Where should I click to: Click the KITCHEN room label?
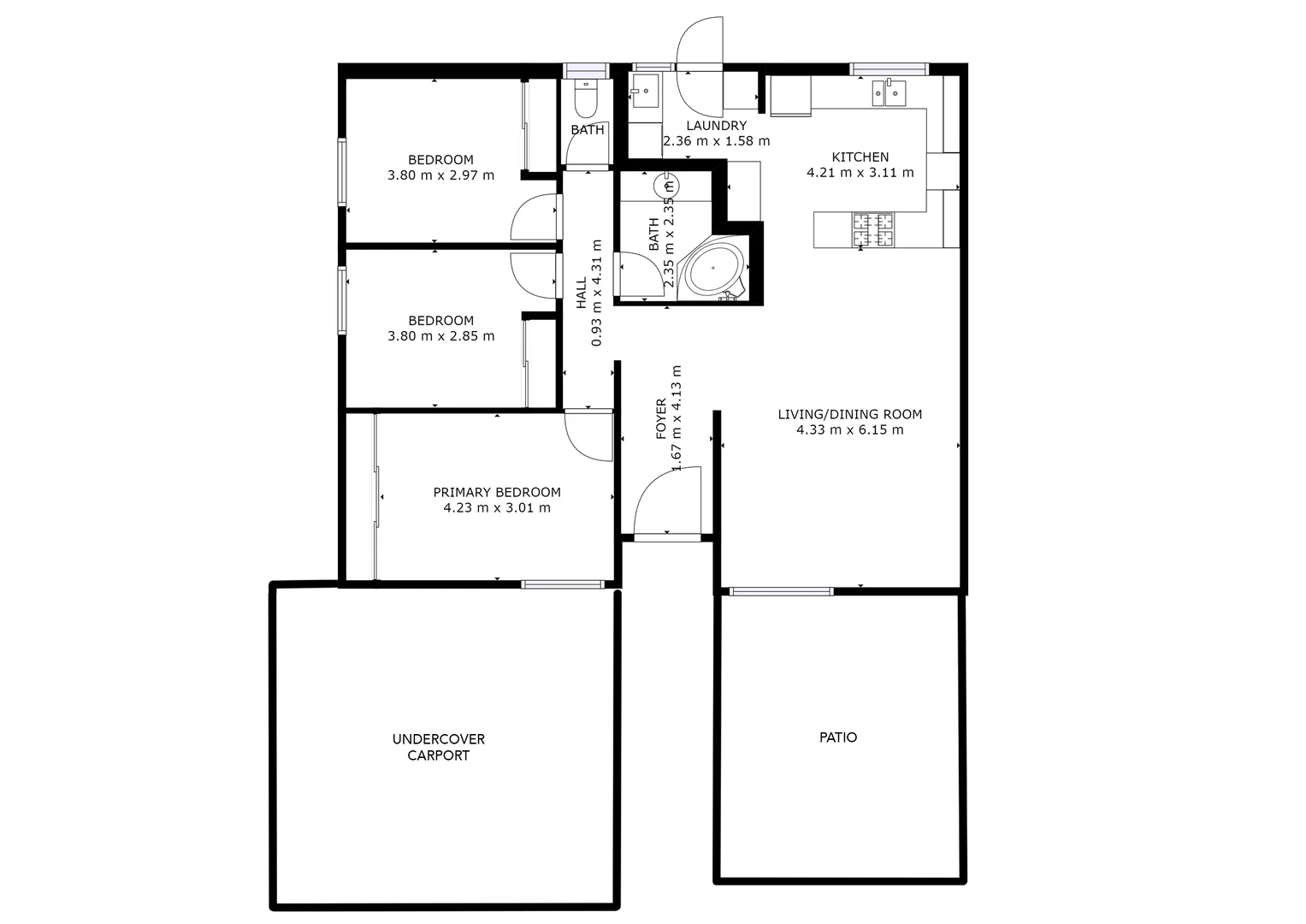(x=860, y=157)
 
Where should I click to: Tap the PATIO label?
(x=837, y=737)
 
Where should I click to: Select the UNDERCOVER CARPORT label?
(x=438, y=747)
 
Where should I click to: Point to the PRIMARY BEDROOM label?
(x=496, y=493)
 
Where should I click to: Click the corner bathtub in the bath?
(x=716, y=269)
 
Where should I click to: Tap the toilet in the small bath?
(x=586, y=100)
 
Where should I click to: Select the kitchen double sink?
(x=889, y=92)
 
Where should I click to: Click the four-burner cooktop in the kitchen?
(x=872, y=229)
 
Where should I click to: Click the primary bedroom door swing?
(x=588, y=435)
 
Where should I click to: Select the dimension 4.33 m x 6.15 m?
(x=849, y=430)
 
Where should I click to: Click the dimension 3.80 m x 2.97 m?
(x=440, y=175)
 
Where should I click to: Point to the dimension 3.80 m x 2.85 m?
(x=440, y=336)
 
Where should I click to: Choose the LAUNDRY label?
(x=716, y=126)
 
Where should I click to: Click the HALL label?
(x=582, y=293)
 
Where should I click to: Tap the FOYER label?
(x=661, y=419)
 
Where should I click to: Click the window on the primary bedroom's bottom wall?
(x=562, y=585)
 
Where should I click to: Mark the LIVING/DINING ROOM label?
(x=849, y=415)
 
